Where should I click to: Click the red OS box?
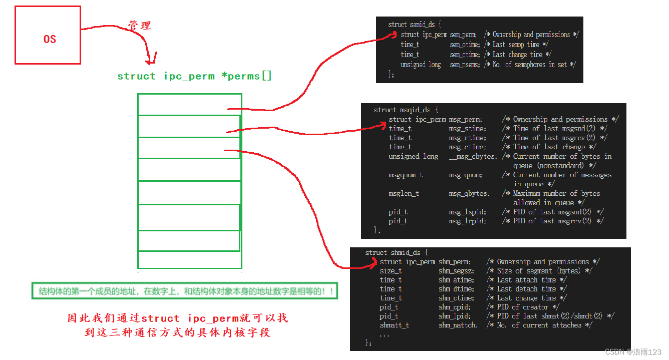click(48, 35)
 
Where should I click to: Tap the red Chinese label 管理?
click(139, 26)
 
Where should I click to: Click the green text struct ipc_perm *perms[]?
click(194, 76)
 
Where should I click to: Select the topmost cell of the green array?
click(189, 104)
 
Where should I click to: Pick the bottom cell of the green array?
click(189, 259)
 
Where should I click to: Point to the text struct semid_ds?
click(414, 25)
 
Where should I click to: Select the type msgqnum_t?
click(405, 175)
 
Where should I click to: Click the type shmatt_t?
click(394, 325)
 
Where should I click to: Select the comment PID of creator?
click(527, 307)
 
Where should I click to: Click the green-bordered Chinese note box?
click(184, 291)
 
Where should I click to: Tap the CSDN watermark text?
click(633, 352)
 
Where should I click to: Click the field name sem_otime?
click(463, 45)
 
